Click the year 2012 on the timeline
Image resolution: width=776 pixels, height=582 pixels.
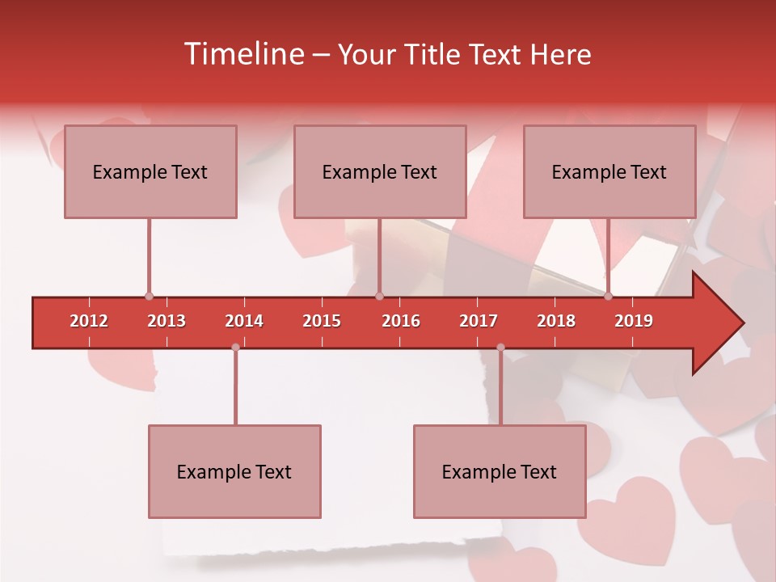pos(89,321)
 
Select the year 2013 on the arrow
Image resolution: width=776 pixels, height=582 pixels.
pos(167,321)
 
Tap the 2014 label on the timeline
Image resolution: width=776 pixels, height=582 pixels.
pos(244,321)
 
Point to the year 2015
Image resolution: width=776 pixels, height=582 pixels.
pos(322,321)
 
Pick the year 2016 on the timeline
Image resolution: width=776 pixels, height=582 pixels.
pos(401,321)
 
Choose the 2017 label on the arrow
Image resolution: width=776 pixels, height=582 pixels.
pos(479,321)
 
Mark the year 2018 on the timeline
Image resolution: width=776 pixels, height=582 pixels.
pos(556,321)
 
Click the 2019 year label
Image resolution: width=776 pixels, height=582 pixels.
pos(634,321)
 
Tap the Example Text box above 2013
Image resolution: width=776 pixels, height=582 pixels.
pos(150,171)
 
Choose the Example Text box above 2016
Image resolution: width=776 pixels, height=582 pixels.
pos(380,171)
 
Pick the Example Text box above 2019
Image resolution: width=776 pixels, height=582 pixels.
pos(609,171)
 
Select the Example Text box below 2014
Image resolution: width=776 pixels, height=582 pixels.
pos(234,471)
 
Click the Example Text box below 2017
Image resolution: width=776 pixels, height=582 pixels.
pos(500,471)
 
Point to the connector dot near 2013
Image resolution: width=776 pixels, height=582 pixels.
pos(149,297)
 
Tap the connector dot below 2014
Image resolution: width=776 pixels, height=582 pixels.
pos(235,347)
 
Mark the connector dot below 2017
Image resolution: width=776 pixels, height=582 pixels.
pos(500,347)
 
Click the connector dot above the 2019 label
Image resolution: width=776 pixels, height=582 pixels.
pos(608,297)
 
